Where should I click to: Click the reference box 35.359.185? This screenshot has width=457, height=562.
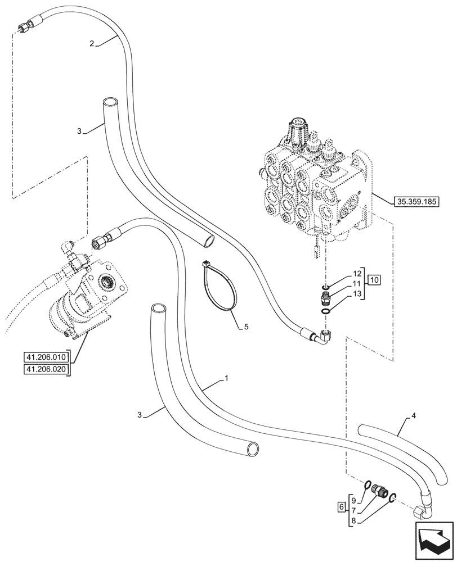[418, 200]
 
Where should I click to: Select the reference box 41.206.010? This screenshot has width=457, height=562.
[46, 357]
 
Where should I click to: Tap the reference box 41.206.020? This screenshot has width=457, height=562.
[46, 369]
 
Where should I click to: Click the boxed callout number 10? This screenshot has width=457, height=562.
[375, 279]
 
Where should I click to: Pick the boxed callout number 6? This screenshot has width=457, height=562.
[341, 507]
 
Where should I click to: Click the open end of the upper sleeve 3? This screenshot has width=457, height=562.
[110, 103]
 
